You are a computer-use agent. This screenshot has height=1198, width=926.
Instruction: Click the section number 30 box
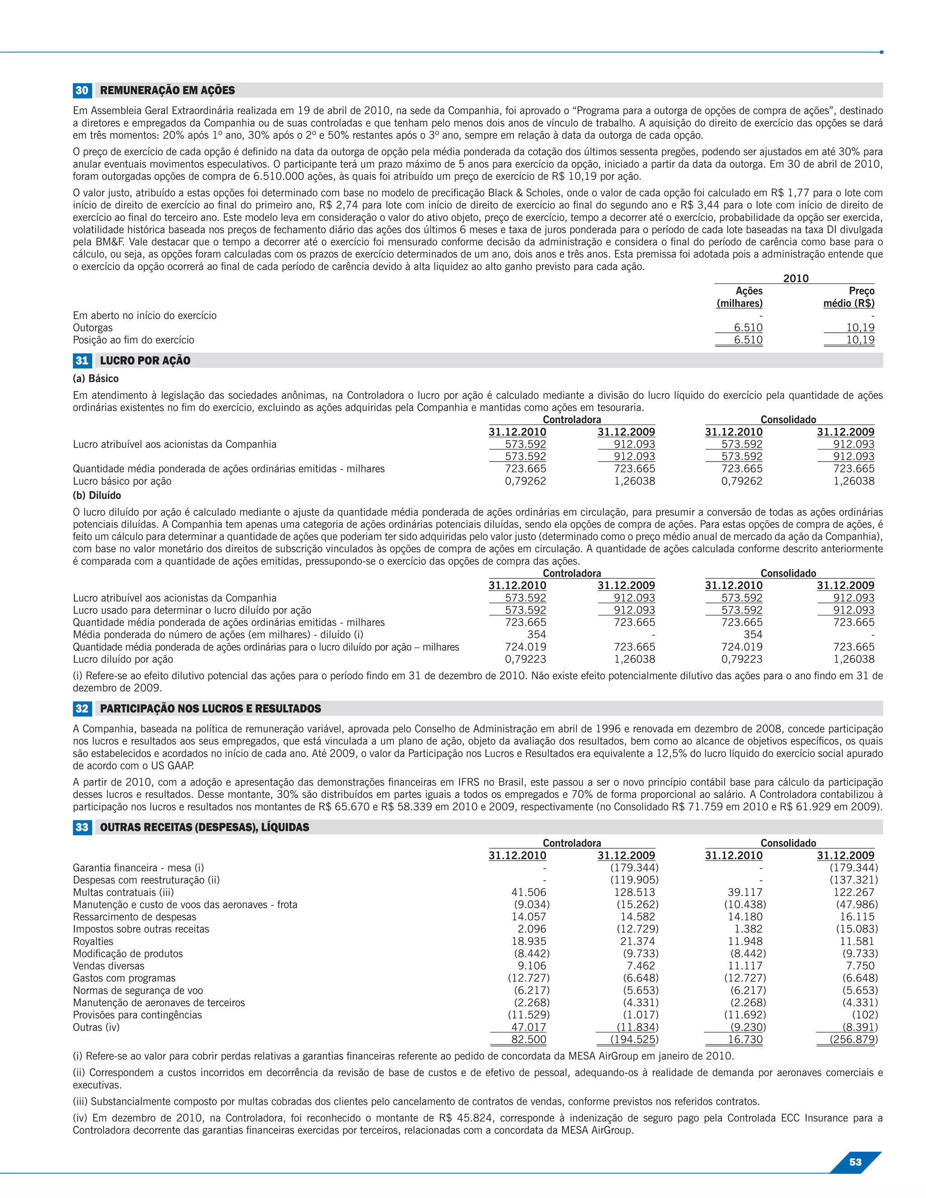coord(82,90)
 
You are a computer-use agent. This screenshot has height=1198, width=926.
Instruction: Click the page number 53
coord(855,1162)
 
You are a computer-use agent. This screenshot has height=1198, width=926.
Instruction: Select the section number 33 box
coord(82,827)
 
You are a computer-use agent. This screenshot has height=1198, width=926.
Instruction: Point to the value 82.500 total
coord(528,1039)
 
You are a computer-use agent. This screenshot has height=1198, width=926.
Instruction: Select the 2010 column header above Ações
coord(795,278)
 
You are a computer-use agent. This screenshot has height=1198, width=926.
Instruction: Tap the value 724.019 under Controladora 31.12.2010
coord(525,647)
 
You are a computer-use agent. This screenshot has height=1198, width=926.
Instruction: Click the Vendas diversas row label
coord(109,966)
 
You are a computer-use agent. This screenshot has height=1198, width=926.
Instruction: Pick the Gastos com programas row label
coord(124,978)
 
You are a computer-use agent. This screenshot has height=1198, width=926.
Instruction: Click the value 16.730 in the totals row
coord(745,1039)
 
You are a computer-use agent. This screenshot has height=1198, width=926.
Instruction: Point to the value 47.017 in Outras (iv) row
coord(528,1028)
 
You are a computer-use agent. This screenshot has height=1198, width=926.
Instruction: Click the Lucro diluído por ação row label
coord(123,659)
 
